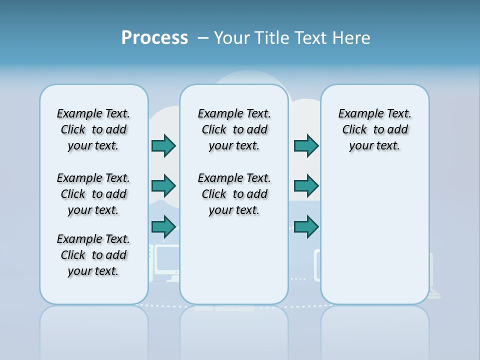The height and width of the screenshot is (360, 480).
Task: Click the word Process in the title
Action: [x=154, y=37]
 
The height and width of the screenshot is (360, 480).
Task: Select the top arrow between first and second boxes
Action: [x=164, y=145]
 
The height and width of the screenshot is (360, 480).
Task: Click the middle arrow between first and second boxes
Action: [x=164, y=186]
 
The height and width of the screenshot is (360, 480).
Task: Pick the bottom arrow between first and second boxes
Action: [x=164, y=226]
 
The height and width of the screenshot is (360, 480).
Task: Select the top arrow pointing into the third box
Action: [x=306, y=145]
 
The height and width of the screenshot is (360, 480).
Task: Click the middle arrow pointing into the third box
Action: [x=306, y=186]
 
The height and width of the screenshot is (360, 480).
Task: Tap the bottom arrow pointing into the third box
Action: [x=306, y=226]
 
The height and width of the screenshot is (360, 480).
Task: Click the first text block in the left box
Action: [x=93, y=129]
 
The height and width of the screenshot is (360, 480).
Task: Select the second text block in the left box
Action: [x=93, y=194]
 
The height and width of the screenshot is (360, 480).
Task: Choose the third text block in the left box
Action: [x=93, y=255]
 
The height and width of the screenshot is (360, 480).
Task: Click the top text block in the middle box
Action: [x=234, y=129]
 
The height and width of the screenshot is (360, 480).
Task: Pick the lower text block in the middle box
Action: [x=234, y=194]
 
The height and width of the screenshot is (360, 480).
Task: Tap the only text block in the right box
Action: [x=374, y=129]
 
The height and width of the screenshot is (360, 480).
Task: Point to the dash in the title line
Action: [x=203, y=38]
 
